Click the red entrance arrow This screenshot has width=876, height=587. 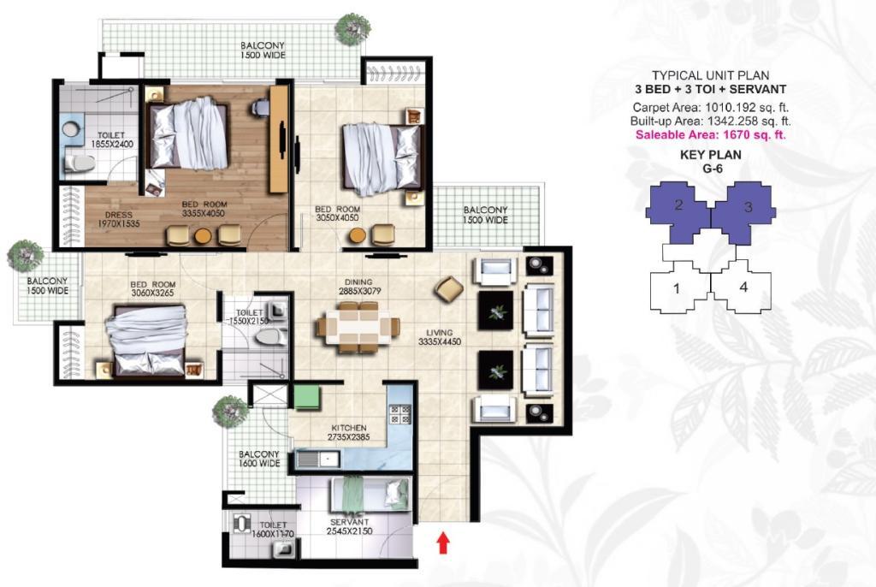(443, 543)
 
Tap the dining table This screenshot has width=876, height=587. (358, 327)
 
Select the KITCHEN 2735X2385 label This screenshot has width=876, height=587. (349, 432)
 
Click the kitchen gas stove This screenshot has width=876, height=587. (400, 413)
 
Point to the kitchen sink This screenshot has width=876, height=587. (317, 460)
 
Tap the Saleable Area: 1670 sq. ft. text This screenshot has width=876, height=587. (711, 134)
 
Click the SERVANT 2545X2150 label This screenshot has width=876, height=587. (350, 526)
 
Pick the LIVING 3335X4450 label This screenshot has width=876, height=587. (440, 337)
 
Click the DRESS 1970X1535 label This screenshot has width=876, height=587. (118, 219)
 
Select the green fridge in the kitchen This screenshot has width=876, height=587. (307, 397)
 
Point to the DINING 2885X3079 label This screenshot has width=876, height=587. (358, 287)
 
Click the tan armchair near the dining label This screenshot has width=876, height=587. (449, 289)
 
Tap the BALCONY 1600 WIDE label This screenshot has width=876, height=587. (259, 459)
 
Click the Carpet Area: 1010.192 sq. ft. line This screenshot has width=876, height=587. (711, 107)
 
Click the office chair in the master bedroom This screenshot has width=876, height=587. (259, 108)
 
